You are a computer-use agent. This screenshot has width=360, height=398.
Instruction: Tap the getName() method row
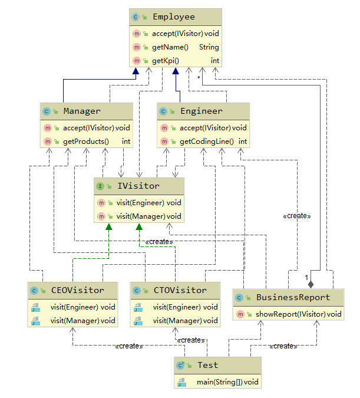point(170,47)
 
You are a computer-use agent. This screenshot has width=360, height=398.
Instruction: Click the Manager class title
point(82,111)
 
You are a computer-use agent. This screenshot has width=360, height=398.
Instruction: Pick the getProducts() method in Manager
point(85,142)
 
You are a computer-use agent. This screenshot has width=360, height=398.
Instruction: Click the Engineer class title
point(202,111)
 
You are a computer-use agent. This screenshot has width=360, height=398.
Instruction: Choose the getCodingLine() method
point(206,142)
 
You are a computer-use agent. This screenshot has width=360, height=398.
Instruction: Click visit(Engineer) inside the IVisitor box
point(140,202)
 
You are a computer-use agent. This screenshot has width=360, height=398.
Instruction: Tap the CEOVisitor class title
point(77,290)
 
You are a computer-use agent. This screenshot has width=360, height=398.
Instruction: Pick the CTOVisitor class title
point(180,290)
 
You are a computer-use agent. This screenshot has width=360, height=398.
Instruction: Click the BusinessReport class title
point(293,297)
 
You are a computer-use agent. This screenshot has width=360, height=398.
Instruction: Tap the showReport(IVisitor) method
point(290,314)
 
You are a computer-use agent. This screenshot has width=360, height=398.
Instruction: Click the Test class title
point(208,366)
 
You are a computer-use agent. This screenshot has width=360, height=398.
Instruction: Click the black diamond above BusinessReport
point(311,284)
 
